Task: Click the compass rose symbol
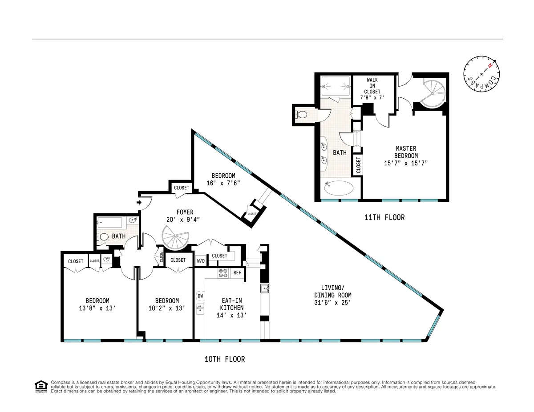[x=481, y=74]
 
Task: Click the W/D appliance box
[x=201, y=261]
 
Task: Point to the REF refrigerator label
[x=237, y=272]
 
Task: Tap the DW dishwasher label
[x=200, y=296]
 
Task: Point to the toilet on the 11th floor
[x=302, y=114]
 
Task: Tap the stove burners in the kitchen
[x=223, y=273]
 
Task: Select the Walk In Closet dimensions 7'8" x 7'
[x=373, y=97]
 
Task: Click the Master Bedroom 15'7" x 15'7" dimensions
[x=406, y=163]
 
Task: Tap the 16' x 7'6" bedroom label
[x=223, y=182]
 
